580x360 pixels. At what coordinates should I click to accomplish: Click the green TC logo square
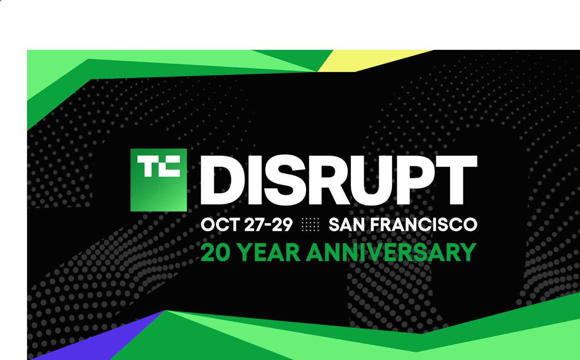(x=158, y=180)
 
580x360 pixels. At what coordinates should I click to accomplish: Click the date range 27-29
(x=268, y=224)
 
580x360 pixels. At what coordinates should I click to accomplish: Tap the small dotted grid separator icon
(x=310, y=224)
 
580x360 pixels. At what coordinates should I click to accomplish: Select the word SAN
(x=347, y=224)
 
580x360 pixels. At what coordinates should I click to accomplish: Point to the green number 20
(x=216, y=252)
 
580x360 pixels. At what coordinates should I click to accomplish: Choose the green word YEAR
(x=269, y=252)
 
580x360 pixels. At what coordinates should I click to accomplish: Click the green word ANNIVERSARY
(x=391, y=252)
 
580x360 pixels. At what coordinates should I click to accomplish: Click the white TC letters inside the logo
(x=158, y=166)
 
